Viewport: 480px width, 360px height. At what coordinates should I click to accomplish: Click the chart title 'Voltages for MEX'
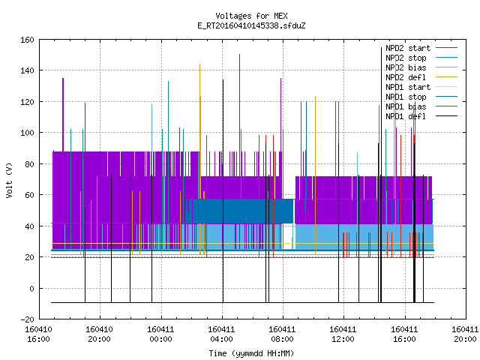click(x=251, y=16)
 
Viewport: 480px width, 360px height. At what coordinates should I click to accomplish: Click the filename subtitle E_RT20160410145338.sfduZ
click(x=251, y=25)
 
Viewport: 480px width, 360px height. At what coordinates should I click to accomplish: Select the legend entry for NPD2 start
click(x=421, y=48)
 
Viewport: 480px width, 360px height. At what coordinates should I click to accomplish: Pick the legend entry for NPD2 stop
click(x=421, y=58)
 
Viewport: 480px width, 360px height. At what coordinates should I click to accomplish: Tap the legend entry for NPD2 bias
click(x=421, y=67)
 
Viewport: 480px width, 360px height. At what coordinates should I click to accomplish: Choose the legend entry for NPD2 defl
click(x=421, y=77)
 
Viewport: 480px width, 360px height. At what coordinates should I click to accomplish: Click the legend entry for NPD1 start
click(x=421, y=87)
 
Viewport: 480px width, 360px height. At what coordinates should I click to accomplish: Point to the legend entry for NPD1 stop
click(x=421, y=97)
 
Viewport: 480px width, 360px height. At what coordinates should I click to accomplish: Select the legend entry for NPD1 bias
click(x=421, y=106)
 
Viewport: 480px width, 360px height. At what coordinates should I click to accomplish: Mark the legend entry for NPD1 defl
click(x=421, y=117)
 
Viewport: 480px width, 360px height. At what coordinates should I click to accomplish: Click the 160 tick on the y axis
click(x=27, y=40)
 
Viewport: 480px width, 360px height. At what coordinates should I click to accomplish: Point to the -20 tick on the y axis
click(x=27, y=319)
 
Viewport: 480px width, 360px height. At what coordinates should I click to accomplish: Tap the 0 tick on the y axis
click(x=31, y=288)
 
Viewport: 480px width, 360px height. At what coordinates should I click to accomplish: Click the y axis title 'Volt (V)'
click(x=9, y=180)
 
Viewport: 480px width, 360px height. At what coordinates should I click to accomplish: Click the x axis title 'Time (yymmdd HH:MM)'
click(x=251, y=353)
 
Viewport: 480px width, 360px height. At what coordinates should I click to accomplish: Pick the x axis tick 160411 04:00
click(x=221, y=334)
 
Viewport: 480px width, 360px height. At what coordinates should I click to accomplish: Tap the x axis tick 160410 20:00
click(x=99, y=334)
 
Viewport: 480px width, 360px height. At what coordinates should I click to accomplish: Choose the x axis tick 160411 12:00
click(x=343, y=334)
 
